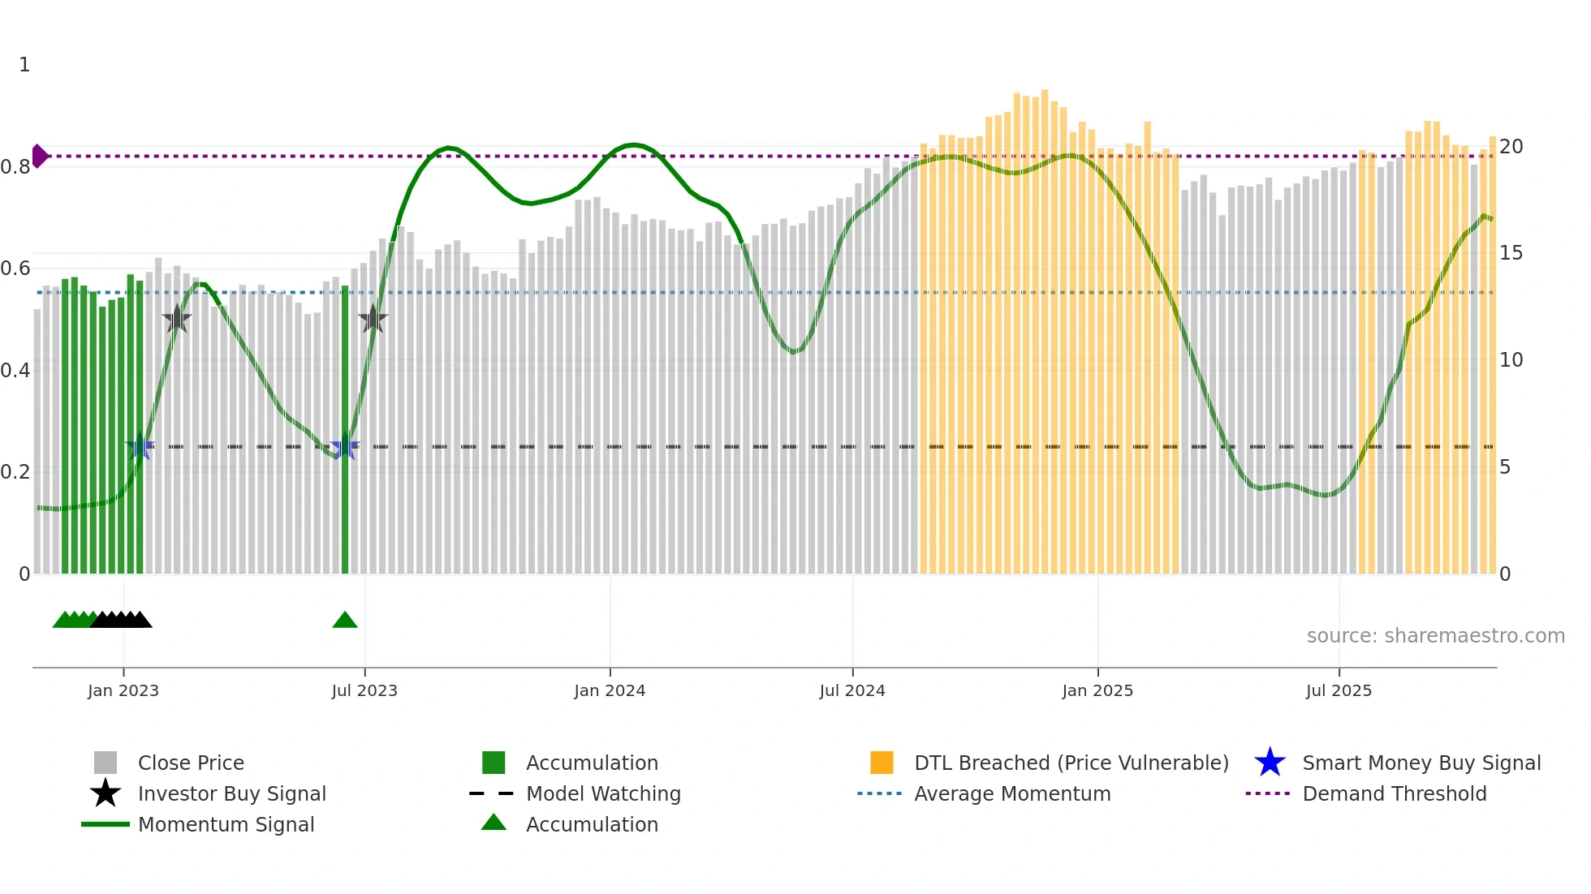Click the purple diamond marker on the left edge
point(39,156)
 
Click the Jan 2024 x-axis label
point(609,690)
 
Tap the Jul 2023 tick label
point(364,690)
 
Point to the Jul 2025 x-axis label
point(1339,690)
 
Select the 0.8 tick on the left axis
point(15,167)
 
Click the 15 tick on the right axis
point(1511,253)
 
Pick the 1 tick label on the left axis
point(24,65)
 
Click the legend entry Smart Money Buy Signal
point(1421,763)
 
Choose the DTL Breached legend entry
point(1071,763)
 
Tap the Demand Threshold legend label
point(1394,793)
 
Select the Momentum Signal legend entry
point(226,824)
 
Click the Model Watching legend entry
point(603,793)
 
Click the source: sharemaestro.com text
point(1435,635)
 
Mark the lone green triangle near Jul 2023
point(345,621)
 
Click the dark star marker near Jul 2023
point(373,319)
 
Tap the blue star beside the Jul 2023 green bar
point(344,446)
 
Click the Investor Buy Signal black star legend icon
point(106,793)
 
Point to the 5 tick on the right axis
point(1504,467)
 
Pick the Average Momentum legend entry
point(1011,793)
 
